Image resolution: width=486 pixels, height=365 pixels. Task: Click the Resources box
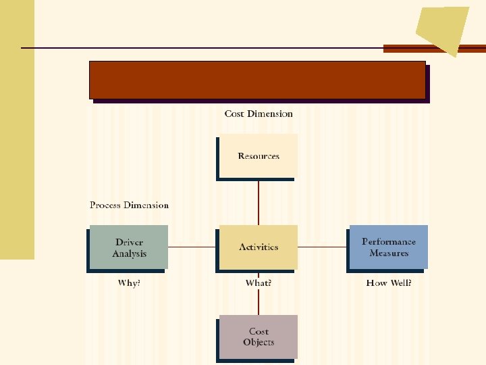click(x=258, y=155)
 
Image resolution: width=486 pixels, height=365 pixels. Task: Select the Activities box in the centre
click(x=258, y=247)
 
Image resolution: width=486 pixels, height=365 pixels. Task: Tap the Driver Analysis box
click(x=129, y=247)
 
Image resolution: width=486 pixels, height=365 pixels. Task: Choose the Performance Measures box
click(x=389, y=247)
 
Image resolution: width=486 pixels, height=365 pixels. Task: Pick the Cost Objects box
click(x=259, y=336)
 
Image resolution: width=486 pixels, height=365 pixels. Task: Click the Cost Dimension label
click(x=259, y=114)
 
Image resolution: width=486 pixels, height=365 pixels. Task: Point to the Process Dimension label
click(x=129, y=205)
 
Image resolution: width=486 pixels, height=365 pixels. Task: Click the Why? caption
click(x=129, y=283)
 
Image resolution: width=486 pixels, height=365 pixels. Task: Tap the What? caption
click(x=259, y=283)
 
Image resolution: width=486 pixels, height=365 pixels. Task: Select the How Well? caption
click(x=389, y=283)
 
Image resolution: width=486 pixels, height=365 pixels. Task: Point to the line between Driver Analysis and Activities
click(x=192, y=247)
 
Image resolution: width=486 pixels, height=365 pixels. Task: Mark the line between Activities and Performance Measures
click(x=323, y=247)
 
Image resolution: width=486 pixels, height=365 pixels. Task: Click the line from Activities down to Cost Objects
click(x=259, y=301)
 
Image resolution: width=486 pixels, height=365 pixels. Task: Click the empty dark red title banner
click(x=258, y=80)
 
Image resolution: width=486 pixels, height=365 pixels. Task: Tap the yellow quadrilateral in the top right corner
click(x=443, y=28)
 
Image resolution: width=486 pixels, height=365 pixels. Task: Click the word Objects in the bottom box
click(x=259, y=342)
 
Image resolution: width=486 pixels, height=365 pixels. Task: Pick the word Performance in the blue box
click(x=389, y=241)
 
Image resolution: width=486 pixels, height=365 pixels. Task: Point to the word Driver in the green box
click(x=129, y=242)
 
